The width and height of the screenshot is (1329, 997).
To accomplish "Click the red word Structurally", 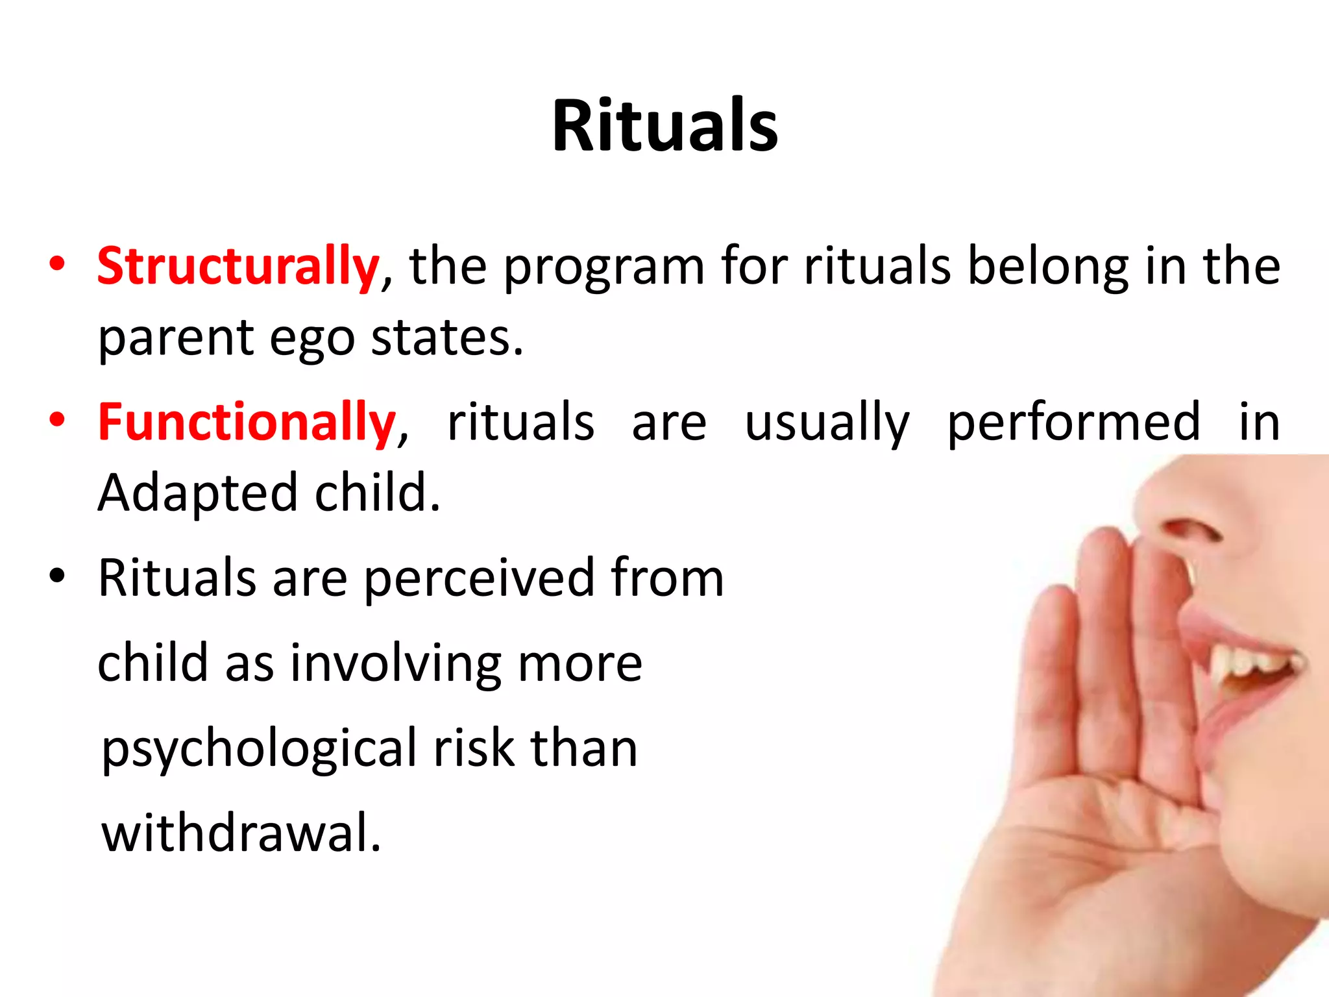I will point(238,266).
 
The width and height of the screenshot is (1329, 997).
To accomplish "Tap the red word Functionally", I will point(247,422).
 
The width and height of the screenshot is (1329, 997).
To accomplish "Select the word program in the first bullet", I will point(604,267).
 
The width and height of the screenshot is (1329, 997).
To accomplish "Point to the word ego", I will point(311,339).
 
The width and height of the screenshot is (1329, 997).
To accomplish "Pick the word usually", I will point(827,423).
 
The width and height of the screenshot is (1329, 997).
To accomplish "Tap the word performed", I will point(1073,423).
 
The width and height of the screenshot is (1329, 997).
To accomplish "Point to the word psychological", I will point(260,750).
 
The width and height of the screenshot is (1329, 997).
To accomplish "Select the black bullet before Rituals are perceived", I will point(57,576).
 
